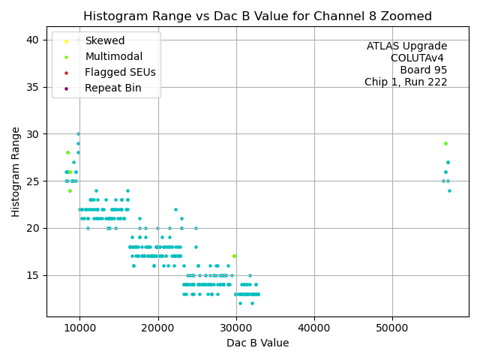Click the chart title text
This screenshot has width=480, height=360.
pyautogui.click(x=257, y=16)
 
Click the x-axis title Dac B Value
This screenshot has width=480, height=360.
pyautogui.click(x=257, y=343)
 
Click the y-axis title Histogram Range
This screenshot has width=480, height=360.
pyautogui.click(x=16, y=171)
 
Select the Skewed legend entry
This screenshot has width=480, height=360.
pyautogui.click(x=105, y=41)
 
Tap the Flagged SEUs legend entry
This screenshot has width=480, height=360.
pyautogui.click(x=120, y=73)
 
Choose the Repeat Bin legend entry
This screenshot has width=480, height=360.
pyautogui.click(x=112, y=88)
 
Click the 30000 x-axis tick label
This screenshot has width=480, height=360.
pyautogui.click(x=235, y=328)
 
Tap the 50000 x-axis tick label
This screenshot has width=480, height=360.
pyautogui.click(x=392, y=328)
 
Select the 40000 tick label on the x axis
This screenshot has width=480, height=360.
pyautogui.click(x=313, y=328)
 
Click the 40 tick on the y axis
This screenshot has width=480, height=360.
pyautogui.click(x=33, y=40)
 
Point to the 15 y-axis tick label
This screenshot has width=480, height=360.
pyautogui.click(x=33, y=275)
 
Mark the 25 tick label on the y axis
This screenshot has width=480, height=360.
pyautogui.click(x=33, y=181)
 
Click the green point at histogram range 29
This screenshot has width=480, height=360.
pyautogui.click(x=445, y=143)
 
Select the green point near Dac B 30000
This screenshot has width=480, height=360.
pyautogui.click(x=234, y=256)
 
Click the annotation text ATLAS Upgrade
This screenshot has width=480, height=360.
pyautogui.click(x=406, y=46)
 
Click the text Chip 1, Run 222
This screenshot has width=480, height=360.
pyautogui.click(x=406, y=82)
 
